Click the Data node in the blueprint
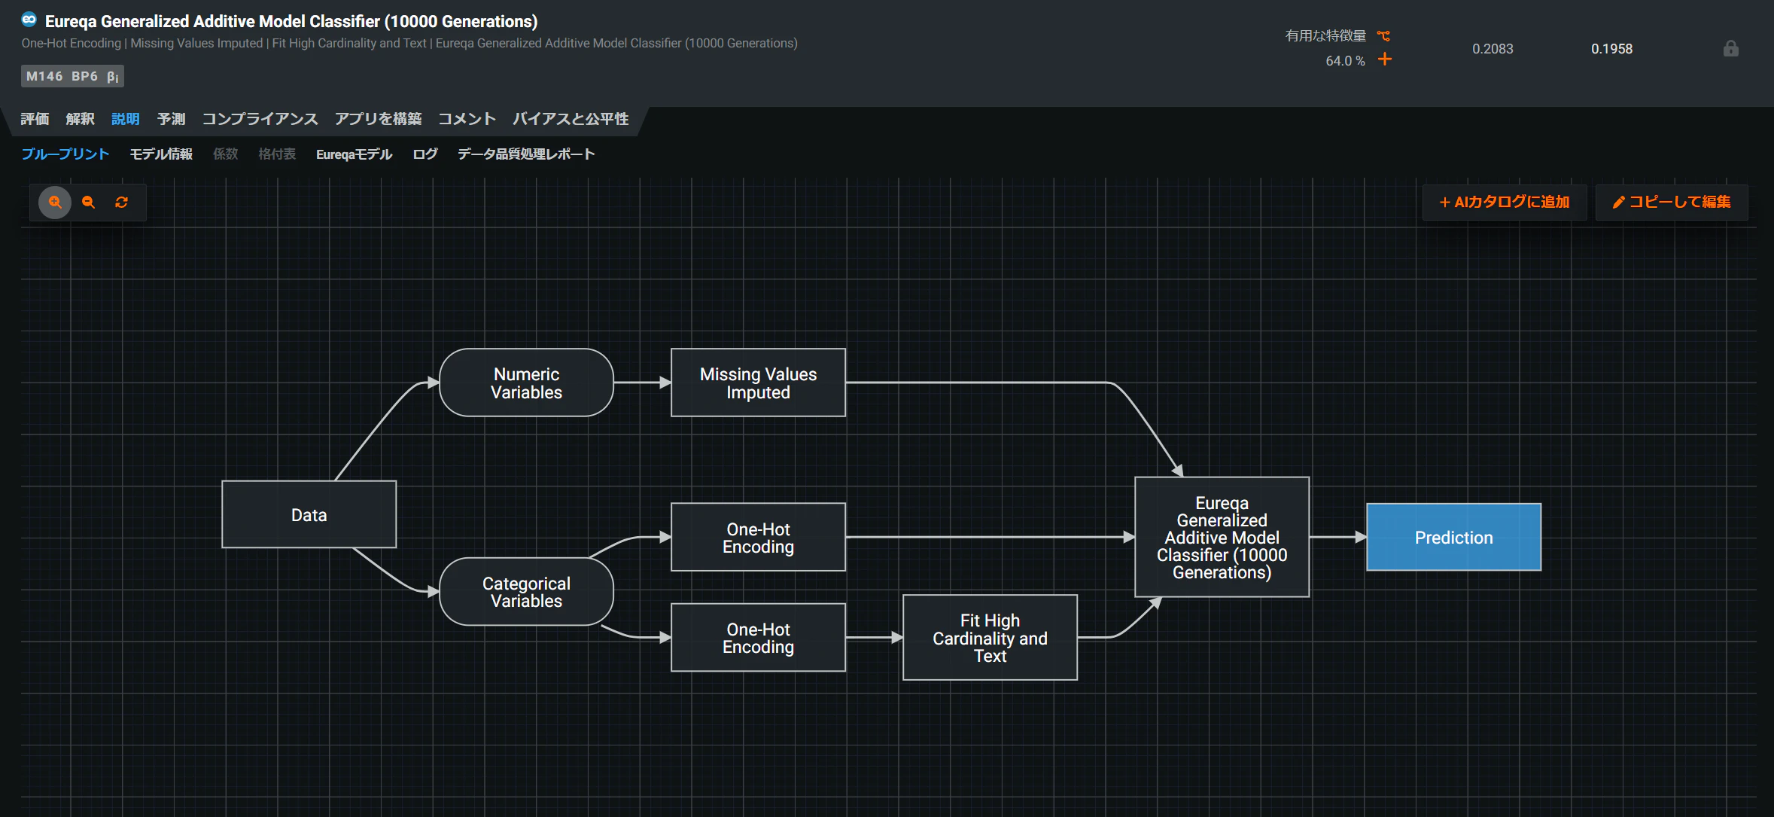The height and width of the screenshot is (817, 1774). [309, 514]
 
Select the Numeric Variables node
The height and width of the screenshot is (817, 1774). [526, 383]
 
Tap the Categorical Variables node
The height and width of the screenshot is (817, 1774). [526, 592]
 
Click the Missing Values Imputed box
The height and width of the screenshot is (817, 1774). [758, 383]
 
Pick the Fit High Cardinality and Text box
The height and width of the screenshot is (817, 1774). [990, 638]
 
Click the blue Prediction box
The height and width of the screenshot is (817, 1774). [1453, 537]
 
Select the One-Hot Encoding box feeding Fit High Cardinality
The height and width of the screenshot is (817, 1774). [758, 638]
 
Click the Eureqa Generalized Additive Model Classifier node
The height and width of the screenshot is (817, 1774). [1222, 537]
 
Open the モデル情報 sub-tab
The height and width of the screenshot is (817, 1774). [161, 154]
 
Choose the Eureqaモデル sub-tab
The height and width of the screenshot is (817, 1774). [354, 154]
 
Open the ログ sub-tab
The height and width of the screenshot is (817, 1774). [425, 154]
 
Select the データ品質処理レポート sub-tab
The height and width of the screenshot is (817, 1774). [526, 154]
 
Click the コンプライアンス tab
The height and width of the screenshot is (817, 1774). [260, 119]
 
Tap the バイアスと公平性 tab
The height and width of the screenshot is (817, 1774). [571, 119]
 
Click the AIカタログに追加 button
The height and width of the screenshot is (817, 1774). [1505, 202]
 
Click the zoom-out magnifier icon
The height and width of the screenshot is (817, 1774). [88, 202]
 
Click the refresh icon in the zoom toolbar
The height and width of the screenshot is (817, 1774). [121, 202]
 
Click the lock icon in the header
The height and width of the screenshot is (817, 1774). [1731, 49]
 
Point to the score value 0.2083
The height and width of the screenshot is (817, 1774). [1493, 49]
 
